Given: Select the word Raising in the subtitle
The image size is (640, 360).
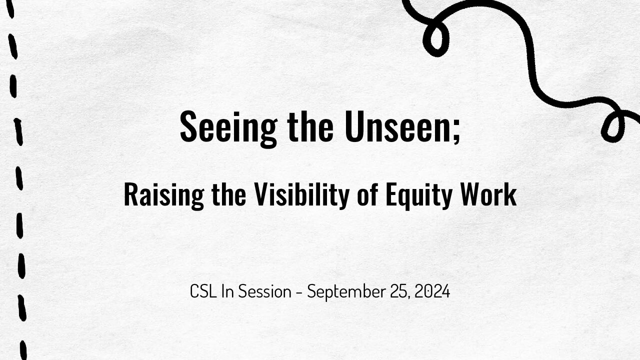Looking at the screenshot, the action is point(164,195).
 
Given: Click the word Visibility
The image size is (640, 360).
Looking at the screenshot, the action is point(302,195).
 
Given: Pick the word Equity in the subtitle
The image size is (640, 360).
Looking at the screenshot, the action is point(419,195).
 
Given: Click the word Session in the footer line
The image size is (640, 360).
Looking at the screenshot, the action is point(264,291).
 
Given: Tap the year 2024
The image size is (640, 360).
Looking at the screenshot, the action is point(432,291).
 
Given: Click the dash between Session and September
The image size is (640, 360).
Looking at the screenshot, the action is point(299,292).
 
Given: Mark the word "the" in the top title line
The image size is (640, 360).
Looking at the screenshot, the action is point(310,126).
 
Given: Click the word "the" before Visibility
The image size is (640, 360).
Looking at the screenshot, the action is point(229,194).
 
